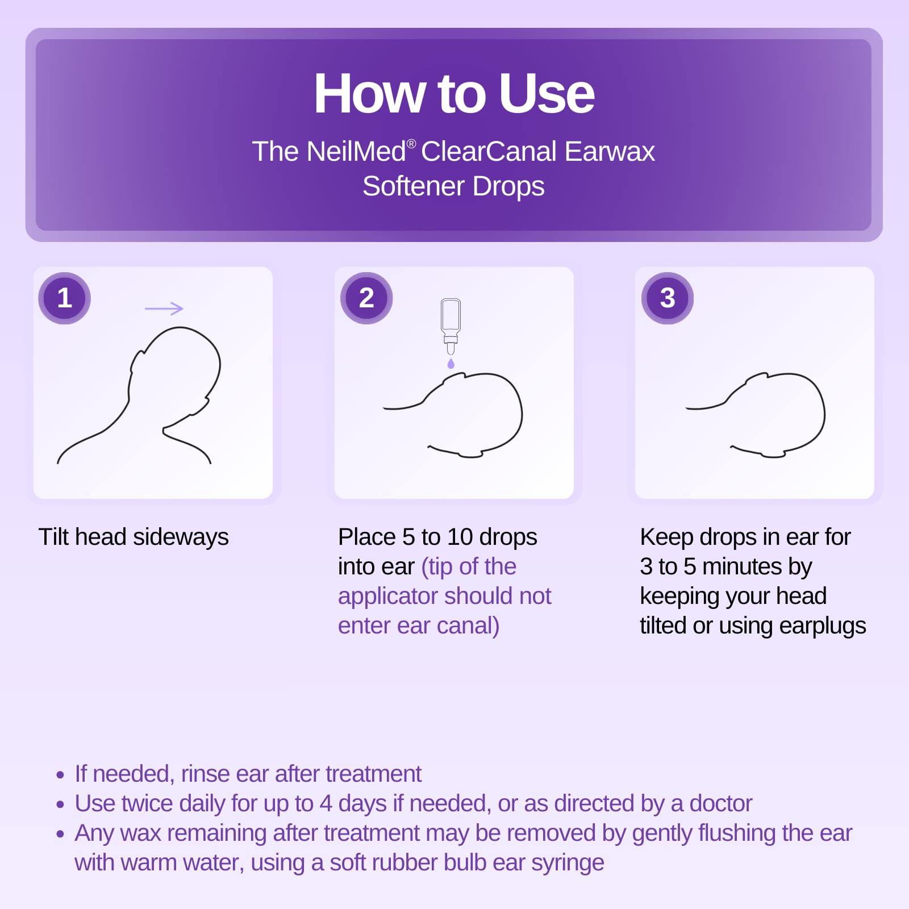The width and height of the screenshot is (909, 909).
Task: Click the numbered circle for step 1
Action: pyautogui.click(x=64, y=298)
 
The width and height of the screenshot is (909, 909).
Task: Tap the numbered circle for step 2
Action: pyautogui.click(x=366, y=298)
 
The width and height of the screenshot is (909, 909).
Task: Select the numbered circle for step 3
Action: pyautogui.click(x=668, y=298)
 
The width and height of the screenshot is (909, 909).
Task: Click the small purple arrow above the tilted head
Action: pyautogui.click(x=164, y=308)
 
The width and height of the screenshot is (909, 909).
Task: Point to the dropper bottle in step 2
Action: pyautogui.click(x=451, y=324)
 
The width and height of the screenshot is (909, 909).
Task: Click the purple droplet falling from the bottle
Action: pyautogui.click(x=451, y=364)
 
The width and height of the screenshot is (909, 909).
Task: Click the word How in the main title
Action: pyautogui.click(x=369, y=94)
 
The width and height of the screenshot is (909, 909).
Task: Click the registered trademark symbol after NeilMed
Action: pyautogui.click(x=412, y=144)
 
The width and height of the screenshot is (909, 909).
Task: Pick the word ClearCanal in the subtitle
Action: pyautogui.click(x=489, y=152)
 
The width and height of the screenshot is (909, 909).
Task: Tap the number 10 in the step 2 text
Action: pyautogui.click(x=460, y=537)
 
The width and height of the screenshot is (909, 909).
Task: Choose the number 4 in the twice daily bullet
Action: pyautogui.click(x=326, y=804)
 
